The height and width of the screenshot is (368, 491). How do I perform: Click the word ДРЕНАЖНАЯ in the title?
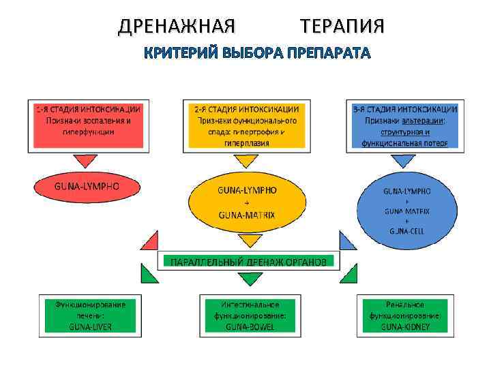tap(177, 27)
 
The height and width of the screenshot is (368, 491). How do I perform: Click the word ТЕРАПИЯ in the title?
tap(342, 27)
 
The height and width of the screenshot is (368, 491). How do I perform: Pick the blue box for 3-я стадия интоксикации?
tap(404, 124)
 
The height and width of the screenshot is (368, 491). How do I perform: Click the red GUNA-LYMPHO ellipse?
tap(87, 186)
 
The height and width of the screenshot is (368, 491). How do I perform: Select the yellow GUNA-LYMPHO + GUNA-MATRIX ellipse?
tap(246, 202)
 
